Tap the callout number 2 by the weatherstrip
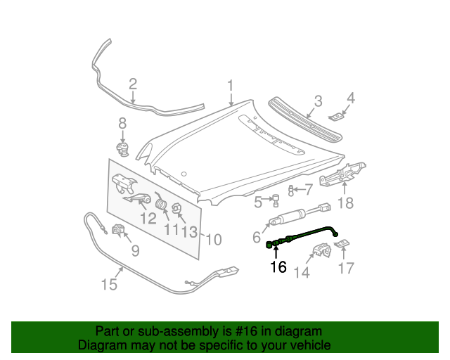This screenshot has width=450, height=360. pos(133,84)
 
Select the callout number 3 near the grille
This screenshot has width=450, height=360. pos(318,101)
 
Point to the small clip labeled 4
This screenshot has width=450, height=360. pos(338,115)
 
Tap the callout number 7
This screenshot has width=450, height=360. pos(308,188)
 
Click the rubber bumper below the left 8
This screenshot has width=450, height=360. pos(123,148)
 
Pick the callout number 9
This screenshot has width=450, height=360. pos(135,249)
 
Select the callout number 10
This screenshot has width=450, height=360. pos(213,240)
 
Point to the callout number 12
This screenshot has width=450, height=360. pos(148,219)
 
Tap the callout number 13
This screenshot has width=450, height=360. pos(188,231)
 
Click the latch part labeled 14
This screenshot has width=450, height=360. pos(321,250)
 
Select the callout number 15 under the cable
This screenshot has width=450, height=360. pos(108,285)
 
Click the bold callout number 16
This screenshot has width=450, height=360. pos(278,266)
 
